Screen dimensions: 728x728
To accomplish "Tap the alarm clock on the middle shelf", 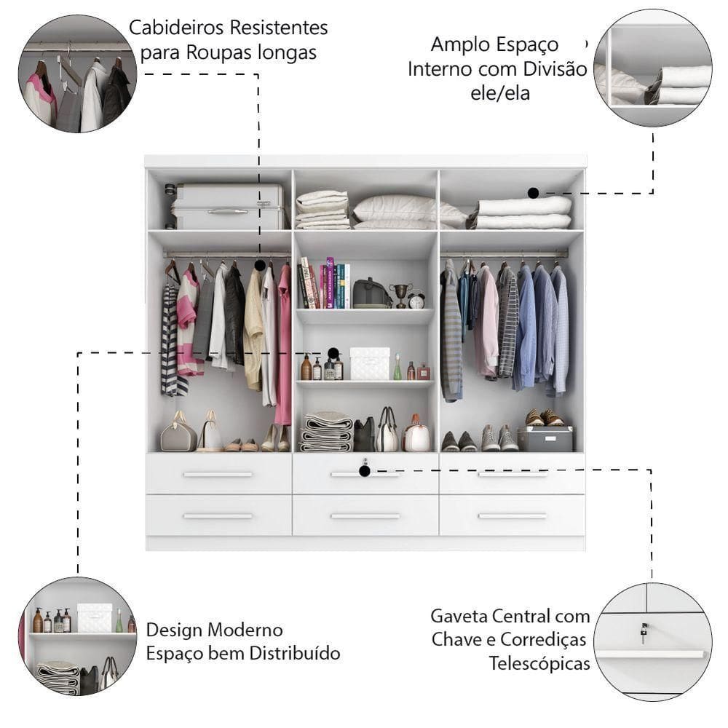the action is pos(416,300).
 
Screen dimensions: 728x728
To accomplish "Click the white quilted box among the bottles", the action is pos(370,363).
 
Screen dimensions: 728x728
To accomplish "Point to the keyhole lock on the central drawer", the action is pos(365,462).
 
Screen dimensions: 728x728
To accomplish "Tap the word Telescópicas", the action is pos(539,663).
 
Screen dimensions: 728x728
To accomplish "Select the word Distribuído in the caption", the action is pos(295,653).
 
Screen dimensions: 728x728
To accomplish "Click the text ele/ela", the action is pos(500,93).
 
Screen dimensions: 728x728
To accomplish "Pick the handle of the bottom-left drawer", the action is pos(218,516).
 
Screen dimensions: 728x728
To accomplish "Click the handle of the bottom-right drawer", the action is pos(513,516).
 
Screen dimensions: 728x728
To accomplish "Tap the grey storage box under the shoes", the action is pos(545,439).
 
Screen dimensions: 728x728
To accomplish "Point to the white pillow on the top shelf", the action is pos(395,208).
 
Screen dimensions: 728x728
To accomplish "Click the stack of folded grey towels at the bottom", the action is pos(326,432).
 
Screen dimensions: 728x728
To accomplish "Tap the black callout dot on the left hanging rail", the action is pos(260,266).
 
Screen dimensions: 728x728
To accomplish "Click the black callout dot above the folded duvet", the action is pos(534,193).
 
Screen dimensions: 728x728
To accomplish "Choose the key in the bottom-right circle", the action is pos(644,633).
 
